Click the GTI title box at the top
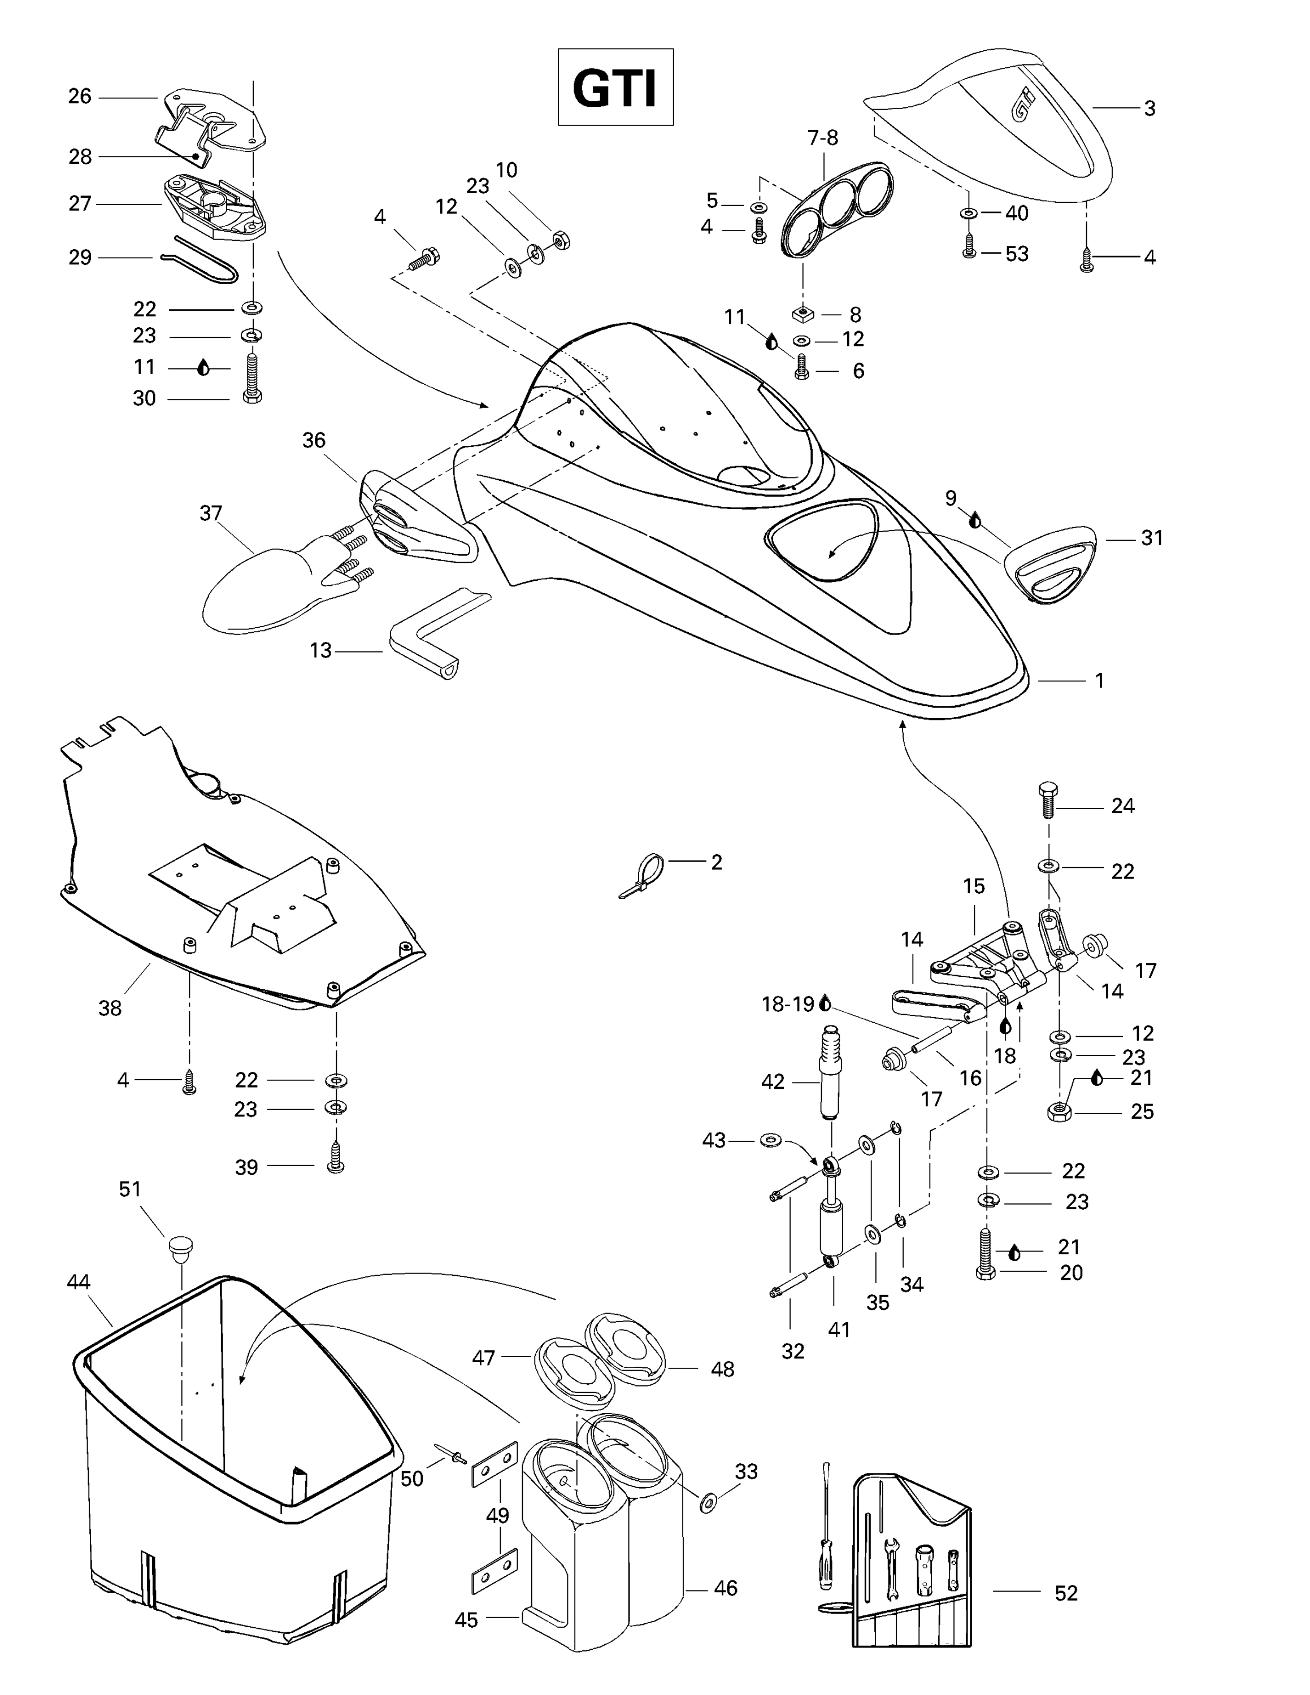(615, 87)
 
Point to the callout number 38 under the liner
(110, 1008)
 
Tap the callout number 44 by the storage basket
(79, 1281)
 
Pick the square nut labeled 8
(803, 314)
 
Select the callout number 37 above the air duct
(211, 513)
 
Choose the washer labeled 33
(708, 1502)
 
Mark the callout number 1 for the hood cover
(1099, 681)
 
